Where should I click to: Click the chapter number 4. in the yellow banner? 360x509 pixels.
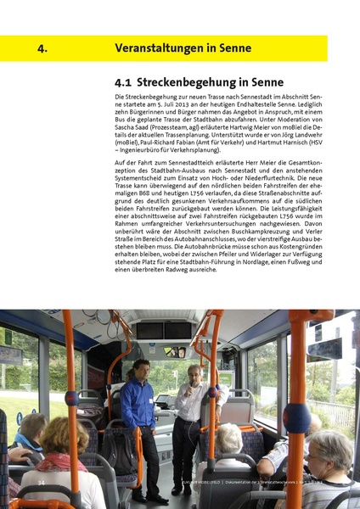pyautogui.click(x=42, y=48)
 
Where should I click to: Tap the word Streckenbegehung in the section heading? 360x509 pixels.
pyautogui.click(x=188, y=83)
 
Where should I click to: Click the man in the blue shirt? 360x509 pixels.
pyautogui.click(x=138, y=411)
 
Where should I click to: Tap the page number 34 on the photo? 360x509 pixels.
pyautogui.click(x=40, y=482)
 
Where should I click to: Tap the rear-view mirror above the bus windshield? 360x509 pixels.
pyautogui.click(x=174, y=351)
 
